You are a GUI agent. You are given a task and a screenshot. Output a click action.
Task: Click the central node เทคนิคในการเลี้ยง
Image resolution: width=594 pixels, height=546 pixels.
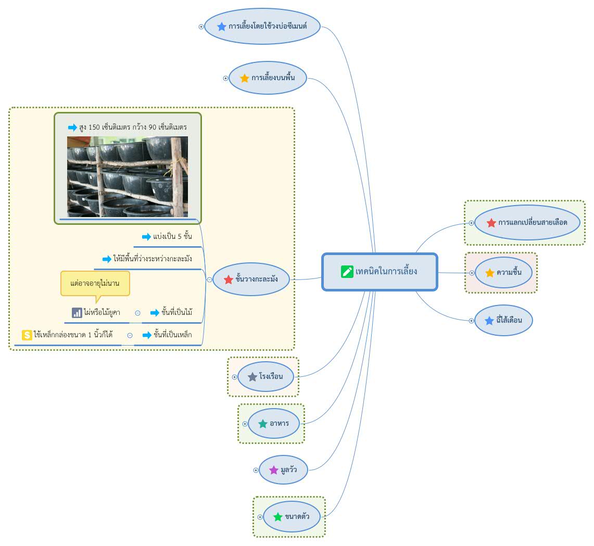click(x=380, y=272)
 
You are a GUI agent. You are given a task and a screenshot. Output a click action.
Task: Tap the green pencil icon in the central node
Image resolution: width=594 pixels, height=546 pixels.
click(x=347, y=272)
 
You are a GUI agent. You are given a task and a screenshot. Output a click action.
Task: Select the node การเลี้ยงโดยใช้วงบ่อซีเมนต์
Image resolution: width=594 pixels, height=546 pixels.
click(x=262, y=27)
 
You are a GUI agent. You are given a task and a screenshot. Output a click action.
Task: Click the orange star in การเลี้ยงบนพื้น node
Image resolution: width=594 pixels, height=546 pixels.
click(x=245, y=78)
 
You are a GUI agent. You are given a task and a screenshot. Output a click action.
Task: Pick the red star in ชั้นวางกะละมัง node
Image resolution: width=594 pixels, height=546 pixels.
click(x=229, y=280)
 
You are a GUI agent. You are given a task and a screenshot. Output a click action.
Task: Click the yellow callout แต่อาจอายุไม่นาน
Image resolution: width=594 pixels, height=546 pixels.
click(x=95, y=283)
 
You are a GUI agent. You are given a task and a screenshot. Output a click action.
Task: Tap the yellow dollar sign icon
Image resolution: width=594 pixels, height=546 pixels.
click(x=27, y=335)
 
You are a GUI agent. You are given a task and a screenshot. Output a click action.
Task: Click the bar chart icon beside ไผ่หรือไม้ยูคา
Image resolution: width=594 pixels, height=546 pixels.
click(x=77, y=312)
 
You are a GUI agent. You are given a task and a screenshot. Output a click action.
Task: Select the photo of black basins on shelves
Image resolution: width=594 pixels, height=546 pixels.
click(x=127, y=176)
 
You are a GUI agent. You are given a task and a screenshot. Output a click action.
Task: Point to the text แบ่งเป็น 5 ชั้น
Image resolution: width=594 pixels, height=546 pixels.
click(x=172, y=237)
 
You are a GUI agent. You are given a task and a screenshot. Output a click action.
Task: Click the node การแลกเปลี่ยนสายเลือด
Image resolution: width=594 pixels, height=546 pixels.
click(x=527, y=223)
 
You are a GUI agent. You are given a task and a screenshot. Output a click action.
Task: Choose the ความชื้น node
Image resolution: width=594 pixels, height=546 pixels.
click(x=503, y=273)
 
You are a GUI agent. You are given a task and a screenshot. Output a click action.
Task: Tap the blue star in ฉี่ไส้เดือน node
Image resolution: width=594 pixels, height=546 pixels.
click(x=489, y=321)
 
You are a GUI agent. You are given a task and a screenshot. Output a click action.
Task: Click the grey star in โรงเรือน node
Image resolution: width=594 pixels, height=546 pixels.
click(x=252, y=377)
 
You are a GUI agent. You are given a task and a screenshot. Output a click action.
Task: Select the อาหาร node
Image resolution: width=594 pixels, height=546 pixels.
click(x=273, y=423)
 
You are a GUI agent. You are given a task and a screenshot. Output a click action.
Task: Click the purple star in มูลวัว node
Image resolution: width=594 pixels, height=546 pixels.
click(x=273, y=471)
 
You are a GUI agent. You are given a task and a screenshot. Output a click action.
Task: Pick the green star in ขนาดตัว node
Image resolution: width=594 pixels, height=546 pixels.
click(x=278, y=517)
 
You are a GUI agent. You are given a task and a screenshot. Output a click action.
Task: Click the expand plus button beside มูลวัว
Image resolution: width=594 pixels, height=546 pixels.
click(x=256, y=471)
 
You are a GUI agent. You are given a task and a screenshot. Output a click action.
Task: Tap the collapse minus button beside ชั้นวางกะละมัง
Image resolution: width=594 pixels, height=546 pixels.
click(x=209, y=280)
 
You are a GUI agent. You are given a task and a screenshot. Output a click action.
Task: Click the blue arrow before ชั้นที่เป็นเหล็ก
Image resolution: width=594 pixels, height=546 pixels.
click(x=147, y=335)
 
